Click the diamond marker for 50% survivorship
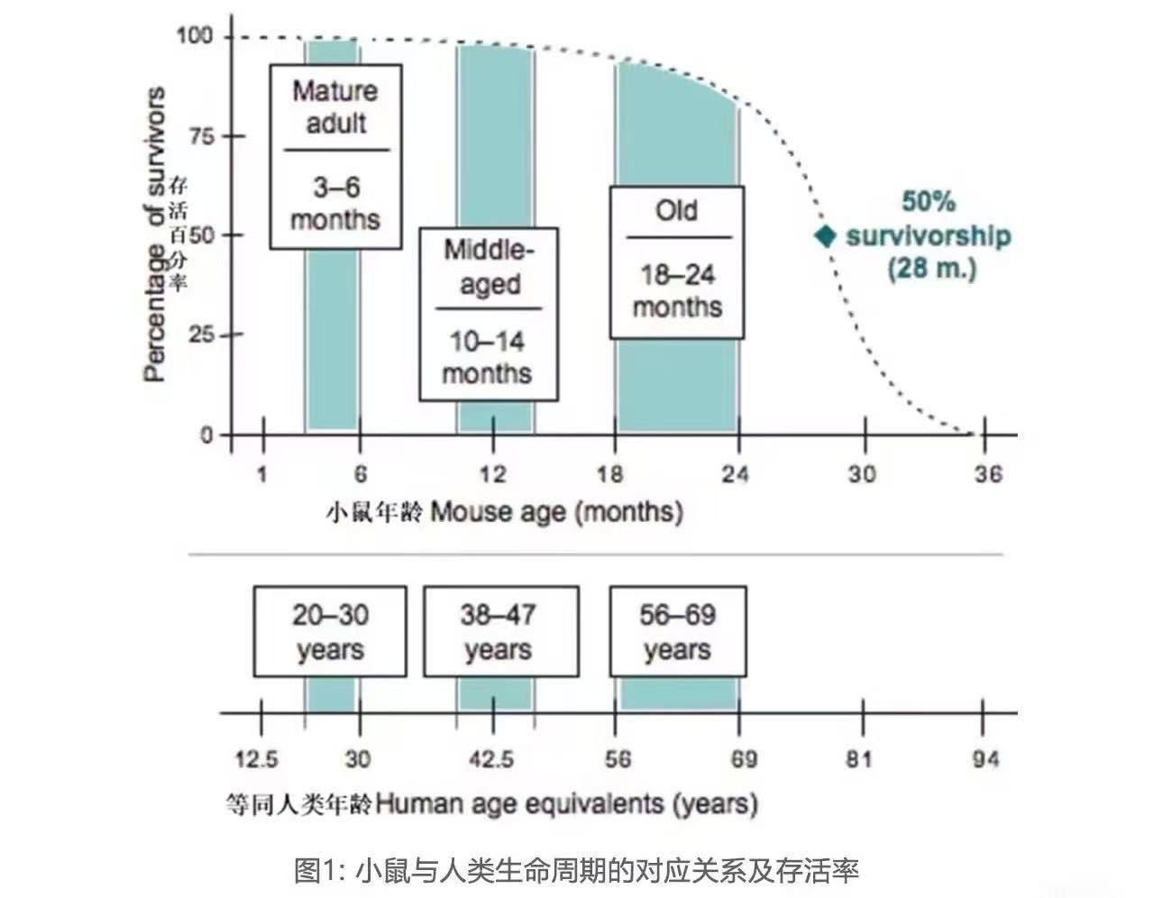(x=825, y=236)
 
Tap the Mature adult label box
(x=335, y=156)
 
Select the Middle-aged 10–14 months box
(x=488, y=314)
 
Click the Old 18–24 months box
(x=676, y=261)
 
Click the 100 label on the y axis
(x=194, y=36)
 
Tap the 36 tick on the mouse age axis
(x=987, y=473)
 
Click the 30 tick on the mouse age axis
(x=862, y=473)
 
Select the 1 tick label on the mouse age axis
(x=262, y=473)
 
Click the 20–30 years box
(x=329, y=631)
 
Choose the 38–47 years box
(x=500, y=631)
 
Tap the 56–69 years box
(x=677, y=631)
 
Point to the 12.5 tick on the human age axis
(x=256, y=759)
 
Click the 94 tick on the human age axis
(x=985, y=759)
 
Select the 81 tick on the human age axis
(x=859, y=759)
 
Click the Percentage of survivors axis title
(x=156, y=234)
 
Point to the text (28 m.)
(x=931, y=268)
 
